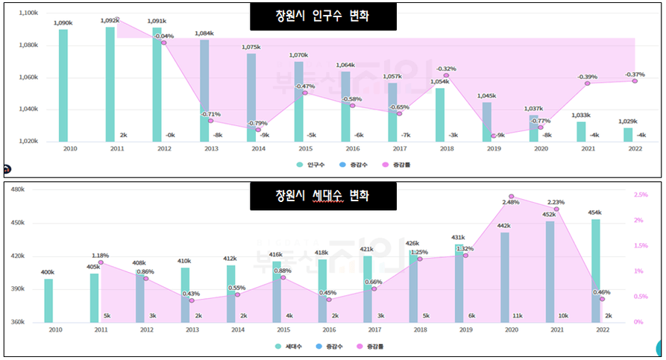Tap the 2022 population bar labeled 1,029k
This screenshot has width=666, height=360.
click(x=628, y=134)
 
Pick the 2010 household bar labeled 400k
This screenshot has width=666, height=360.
click(x=48, y=300)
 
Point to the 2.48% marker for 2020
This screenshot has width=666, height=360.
click(x=512, y=197)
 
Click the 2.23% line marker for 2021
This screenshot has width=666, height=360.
click(x=556, y=209)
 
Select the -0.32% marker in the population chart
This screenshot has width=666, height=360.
click(x=446, y=75)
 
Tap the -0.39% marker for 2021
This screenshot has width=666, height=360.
click(x=588, y=83)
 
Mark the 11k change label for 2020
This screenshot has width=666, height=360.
click(x=518, y=316)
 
